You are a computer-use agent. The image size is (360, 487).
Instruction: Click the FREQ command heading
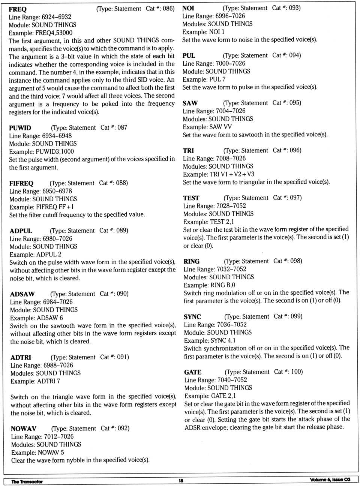[x=18, y=9]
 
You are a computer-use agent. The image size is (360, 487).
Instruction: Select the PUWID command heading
[x=20, y=128]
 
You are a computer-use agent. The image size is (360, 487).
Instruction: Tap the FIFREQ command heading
[x=21, y=183]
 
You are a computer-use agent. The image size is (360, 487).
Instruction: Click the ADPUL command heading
[x=21, y=231]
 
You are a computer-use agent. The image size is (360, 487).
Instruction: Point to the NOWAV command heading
[x=24, y=429]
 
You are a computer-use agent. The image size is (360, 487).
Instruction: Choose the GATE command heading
[x=193, y=372]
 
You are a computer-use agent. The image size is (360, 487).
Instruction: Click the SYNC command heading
[x=192, y=317]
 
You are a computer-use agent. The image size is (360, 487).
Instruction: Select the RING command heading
[x=192, y=261]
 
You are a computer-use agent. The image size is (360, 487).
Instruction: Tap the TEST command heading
[x=191, y=198]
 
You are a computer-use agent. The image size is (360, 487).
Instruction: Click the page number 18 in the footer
[x=181, y=481]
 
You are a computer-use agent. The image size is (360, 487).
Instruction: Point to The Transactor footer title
[x=27, y=481]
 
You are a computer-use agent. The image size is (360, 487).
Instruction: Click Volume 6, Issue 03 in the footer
[x=330, y=480]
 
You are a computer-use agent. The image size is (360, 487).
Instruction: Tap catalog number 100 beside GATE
[x=297, y=372]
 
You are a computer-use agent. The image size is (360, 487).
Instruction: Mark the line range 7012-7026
[x=59, y=436]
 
